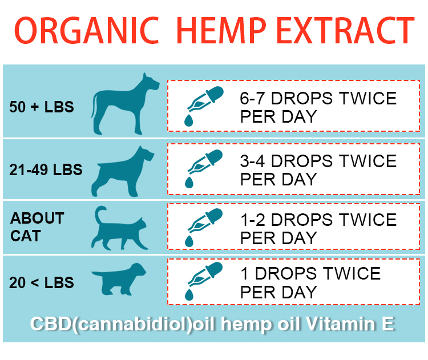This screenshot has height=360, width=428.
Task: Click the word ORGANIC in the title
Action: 87,30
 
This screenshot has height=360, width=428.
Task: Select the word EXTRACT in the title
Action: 346,30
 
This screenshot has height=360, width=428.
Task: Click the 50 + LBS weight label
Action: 42,107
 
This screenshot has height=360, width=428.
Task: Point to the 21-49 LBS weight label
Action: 46,169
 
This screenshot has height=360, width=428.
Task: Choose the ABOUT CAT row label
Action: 37,227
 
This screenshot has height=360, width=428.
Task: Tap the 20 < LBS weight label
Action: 42,282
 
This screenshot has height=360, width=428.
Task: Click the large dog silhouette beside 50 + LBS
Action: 125,104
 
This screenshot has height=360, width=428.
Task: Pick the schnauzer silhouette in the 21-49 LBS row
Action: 123,171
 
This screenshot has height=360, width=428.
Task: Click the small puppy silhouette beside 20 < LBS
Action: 119,279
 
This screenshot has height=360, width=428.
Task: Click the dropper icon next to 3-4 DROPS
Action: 204,168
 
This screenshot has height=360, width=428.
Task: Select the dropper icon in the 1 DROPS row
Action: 204,281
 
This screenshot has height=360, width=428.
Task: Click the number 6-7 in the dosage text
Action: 252,98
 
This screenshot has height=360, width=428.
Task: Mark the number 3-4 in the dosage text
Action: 252,161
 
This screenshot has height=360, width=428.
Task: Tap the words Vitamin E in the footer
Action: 350,324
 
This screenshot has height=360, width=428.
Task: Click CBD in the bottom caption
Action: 51,324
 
